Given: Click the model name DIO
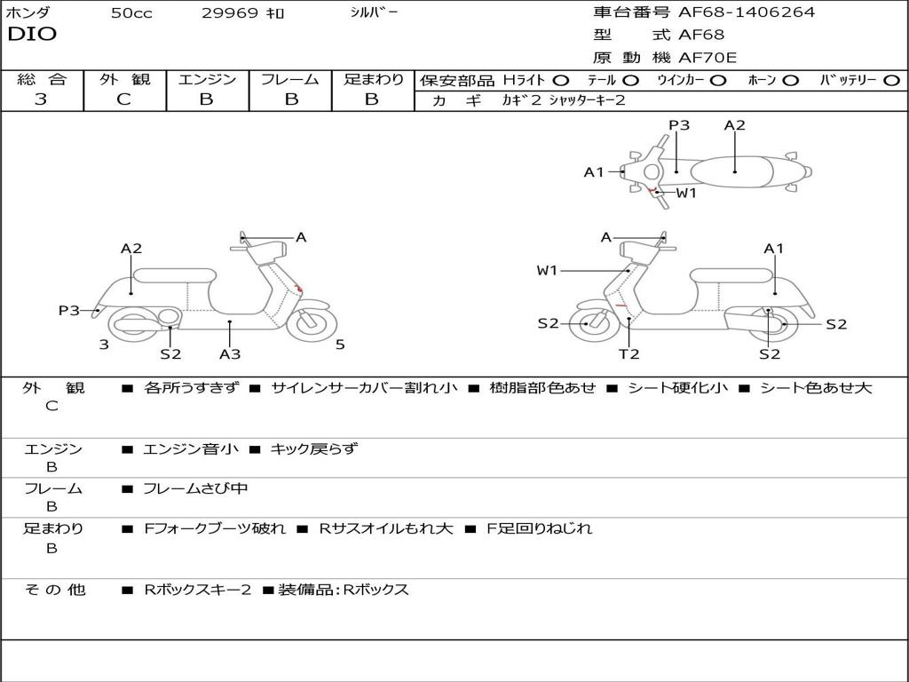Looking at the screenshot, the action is point(32,35).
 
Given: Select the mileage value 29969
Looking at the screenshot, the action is point(229,13).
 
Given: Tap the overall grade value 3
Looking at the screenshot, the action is point(41,99).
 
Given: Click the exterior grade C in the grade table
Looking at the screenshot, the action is point(123,99).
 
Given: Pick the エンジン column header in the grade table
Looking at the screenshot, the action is point(207,80).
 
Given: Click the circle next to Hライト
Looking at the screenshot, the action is point(561,80).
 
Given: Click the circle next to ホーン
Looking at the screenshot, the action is point(790,80).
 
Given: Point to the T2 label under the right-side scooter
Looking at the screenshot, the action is point(628,354).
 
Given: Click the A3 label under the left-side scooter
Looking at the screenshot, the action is point(230,354).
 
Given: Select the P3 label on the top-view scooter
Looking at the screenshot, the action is point(679,125).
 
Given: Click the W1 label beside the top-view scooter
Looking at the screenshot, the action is point(686,193).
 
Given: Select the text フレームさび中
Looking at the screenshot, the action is point(195,488).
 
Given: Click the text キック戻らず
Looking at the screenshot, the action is point(313,449).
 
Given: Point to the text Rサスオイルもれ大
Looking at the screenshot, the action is point(386,528).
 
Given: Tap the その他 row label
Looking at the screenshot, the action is point(54,590).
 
